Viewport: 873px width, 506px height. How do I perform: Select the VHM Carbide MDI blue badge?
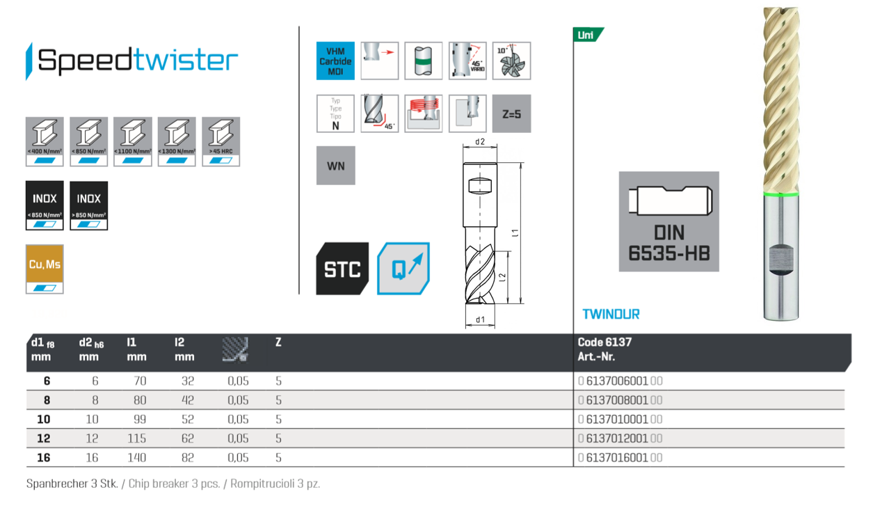tap(335, 61)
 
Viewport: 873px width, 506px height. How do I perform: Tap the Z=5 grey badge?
tap(511, 113)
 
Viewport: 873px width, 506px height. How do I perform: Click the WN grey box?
tap(335, 166)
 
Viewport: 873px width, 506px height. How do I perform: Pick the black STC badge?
tap(342, 269)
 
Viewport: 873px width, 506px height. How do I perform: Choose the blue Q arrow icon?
tap(403, 269)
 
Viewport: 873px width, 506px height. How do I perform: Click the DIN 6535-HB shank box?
tap(668, 221)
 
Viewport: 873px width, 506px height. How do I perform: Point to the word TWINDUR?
tap(611, 314)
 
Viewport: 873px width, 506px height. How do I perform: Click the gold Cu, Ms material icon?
tap(45, 269)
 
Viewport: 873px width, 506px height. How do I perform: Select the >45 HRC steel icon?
tap(221, 141)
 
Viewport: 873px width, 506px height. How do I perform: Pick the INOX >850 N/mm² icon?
tap(89, 205)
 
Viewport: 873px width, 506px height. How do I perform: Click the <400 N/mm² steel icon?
tap(45, 141)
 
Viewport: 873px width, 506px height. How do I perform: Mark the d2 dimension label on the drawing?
tap(479, 142)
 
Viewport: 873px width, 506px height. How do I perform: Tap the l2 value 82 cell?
tap(184, 458)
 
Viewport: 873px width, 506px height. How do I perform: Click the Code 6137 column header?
tap(604, 342)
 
